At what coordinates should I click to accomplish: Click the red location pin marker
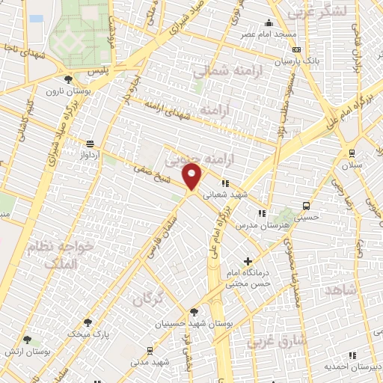pos(192,177)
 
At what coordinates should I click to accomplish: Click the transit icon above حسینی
pos(306,206)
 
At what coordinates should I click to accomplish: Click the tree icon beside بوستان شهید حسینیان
pos(194,312)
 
